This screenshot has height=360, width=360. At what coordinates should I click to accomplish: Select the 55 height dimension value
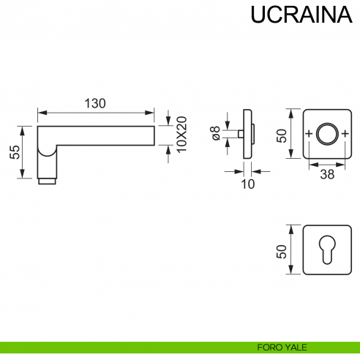coord(14,151)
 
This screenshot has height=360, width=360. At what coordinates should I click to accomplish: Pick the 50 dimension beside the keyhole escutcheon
coord(280,250)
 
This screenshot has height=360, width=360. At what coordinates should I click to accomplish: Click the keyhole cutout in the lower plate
coord(326,251)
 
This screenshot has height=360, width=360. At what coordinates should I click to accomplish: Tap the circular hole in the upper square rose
coord(326,134)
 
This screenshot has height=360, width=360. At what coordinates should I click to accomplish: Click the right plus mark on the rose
coord(344,134)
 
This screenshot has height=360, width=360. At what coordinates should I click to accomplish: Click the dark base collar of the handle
coord(47,179)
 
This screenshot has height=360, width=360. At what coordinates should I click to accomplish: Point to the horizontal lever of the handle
coord(102,136)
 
